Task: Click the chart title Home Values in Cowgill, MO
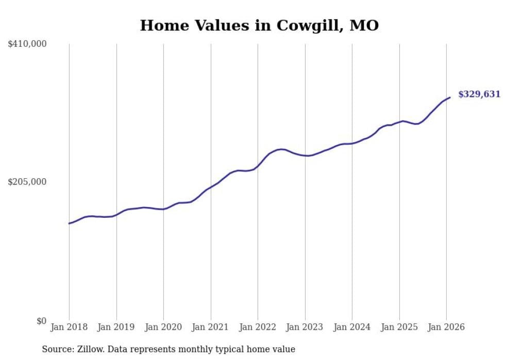(x=259, y=25)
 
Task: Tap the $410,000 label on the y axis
(x=27, y=44)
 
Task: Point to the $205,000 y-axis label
(x=27, y=182)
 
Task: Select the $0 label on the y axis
(x=41, y=321)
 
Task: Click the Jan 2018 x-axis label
(x=69, y=327)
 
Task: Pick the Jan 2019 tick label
(x=116, y=327)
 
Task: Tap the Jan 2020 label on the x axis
(x=163, y=327)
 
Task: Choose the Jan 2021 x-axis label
(x=211, y=327)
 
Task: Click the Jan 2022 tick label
(x=258, y=327)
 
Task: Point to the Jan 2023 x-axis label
(x=305, y=327)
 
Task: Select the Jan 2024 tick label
(x=352, y=327)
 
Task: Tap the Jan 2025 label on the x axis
(x=399, y=327)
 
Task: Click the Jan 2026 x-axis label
(x=446, y=327)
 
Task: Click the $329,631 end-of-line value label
(x=479, y=94)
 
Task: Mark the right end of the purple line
(x=450, y=97)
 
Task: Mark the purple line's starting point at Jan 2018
(x=69, y=224)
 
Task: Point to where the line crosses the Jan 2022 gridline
(x=258, y=166)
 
